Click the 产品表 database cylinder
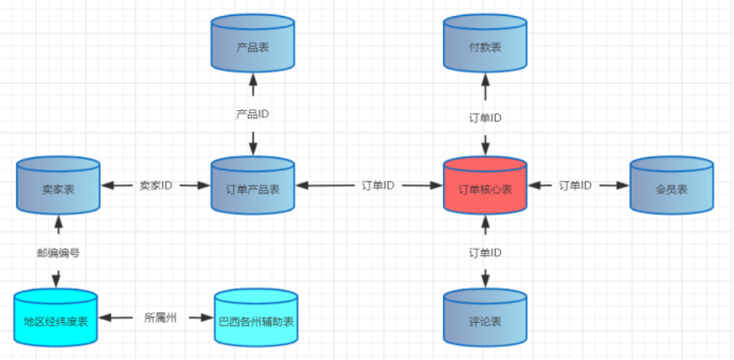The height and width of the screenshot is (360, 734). coord(253,43)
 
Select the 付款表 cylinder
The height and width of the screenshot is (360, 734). coord(485,43)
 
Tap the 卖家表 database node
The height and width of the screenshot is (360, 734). coord(58,185)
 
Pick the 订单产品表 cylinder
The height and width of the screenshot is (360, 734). coord(253,185)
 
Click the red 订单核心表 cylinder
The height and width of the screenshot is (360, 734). coord(485,185)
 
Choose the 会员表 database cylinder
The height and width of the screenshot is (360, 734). coord(671,185)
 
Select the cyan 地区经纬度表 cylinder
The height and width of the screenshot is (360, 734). coord(56,318)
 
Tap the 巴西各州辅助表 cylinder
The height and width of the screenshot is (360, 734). coord(256,318)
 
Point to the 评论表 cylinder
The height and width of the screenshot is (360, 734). coord(485,318)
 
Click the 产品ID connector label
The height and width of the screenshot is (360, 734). coord(253,114)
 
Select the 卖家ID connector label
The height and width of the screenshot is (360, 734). coord(156,185)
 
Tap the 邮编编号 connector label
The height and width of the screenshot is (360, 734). coord(58,253)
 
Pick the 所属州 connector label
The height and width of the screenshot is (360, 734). coord(161,319)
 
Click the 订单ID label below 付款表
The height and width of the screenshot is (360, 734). coord(485,118)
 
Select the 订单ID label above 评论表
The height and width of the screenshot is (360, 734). coord(485,253)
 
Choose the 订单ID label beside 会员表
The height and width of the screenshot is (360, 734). coord(575,185)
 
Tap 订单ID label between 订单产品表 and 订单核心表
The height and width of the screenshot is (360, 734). coord(378,185)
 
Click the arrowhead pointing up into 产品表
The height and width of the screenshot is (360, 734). coord(253,79)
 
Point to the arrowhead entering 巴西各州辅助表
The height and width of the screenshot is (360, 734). coord(208,319)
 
